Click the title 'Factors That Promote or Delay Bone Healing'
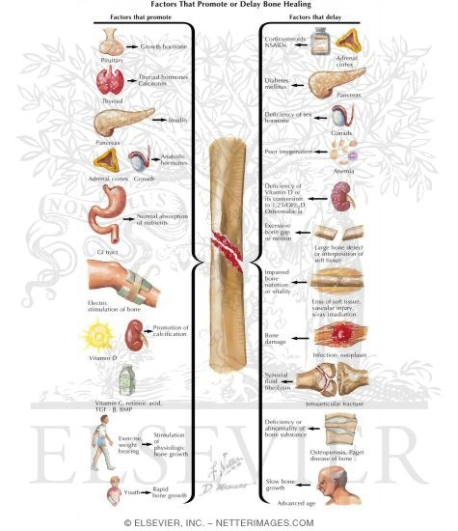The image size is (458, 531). pyautogui.click(x=229, y=7)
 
